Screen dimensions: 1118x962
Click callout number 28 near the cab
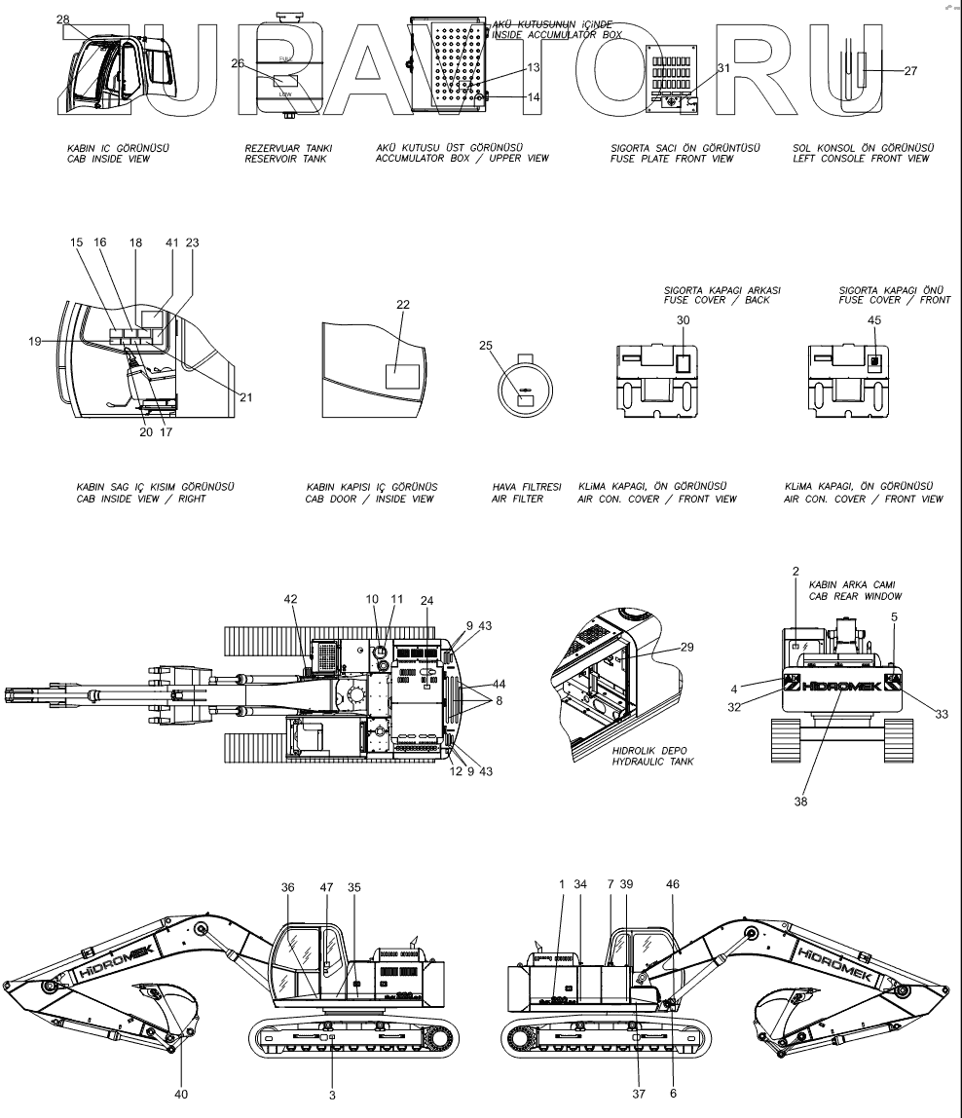[x=63, y=19]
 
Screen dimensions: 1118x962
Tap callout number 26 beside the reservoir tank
[x=237, y=64]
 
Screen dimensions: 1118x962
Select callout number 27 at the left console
[x=910, y=70]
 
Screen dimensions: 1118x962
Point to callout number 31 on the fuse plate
[x=722, y=68]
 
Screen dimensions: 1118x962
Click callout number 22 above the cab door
[x=403, y=305]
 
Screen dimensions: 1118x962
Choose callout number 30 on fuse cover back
[x=683, y=320]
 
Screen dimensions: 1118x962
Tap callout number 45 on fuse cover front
[x=874, y=320]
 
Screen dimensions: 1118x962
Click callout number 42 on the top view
[x=290, y=600]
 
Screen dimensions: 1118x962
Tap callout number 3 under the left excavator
[x=332, y=1095]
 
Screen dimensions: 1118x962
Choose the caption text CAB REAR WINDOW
[x=854, y=595]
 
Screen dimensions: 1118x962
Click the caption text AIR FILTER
[x=514, y=499]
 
